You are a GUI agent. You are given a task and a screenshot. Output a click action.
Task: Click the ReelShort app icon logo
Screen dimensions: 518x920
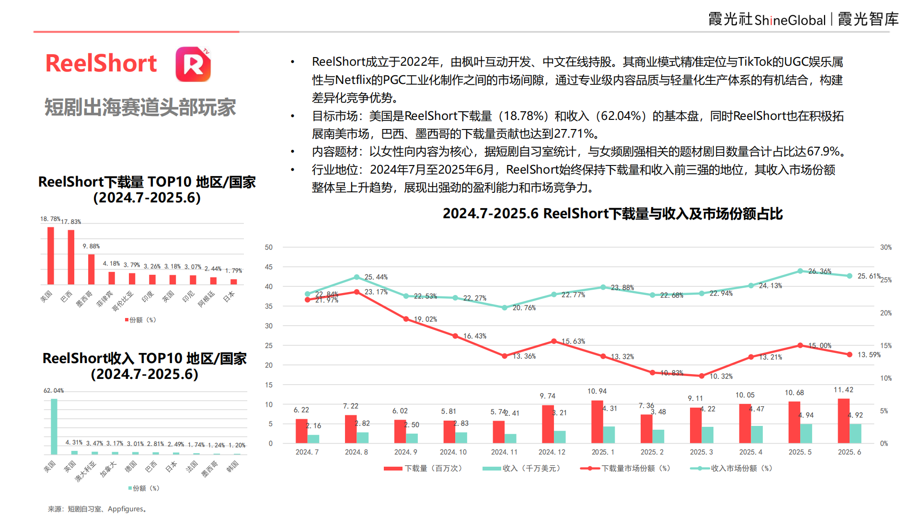(x=193, y=64)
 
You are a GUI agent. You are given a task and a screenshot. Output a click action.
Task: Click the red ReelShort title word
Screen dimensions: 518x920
(x=101, y=64)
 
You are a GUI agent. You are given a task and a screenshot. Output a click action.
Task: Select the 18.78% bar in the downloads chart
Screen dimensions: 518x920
(x=50, y=255)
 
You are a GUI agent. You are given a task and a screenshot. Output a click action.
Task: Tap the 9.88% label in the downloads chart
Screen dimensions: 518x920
(x=91, y=246)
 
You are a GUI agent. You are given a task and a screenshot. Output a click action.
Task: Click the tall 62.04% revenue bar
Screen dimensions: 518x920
(x=54, y=426)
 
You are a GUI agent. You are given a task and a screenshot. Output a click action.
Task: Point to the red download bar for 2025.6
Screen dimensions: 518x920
(x=843, y=421)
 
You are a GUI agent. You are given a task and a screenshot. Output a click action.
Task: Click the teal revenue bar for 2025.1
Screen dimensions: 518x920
(x=609, y=434)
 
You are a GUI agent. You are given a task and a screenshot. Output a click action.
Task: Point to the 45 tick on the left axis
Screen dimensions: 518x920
(x=269, y=267)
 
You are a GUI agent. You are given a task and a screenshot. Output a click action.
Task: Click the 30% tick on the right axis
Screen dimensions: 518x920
(x=885, y=247)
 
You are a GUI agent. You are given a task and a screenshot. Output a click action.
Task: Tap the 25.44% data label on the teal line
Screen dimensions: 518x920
(x=376, y=277)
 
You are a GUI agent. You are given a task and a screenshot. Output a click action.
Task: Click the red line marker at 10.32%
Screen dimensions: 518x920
(x=701, y=376)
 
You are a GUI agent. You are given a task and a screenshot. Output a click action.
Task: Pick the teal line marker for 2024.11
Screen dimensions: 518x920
(x=505, y=307)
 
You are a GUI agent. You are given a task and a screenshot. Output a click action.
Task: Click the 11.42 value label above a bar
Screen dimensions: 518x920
(x=843, y=389)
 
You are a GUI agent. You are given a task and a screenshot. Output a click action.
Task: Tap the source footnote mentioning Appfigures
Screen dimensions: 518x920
(x=98, y=509)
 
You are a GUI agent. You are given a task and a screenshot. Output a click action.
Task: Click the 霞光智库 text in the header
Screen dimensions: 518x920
(x=868, y=19)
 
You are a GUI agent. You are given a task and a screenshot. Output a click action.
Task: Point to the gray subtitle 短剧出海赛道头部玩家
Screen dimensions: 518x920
(x=140, y=107)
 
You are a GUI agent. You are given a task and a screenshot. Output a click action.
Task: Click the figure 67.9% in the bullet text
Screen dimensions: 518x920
(x=823, y=152)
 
